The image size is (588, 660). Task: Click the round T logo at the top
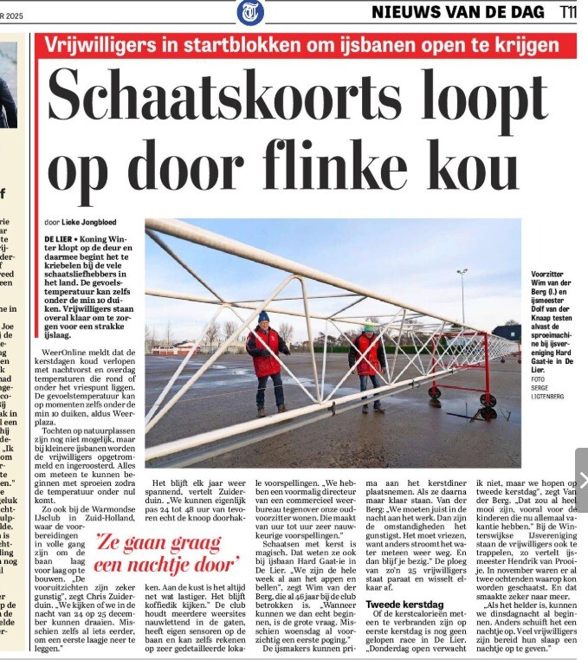coord(251,12)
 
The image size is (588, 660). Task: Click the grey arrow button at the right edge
coord(580,480)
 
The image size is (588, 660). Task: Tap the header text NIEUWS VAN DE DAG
coord(458,12)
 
